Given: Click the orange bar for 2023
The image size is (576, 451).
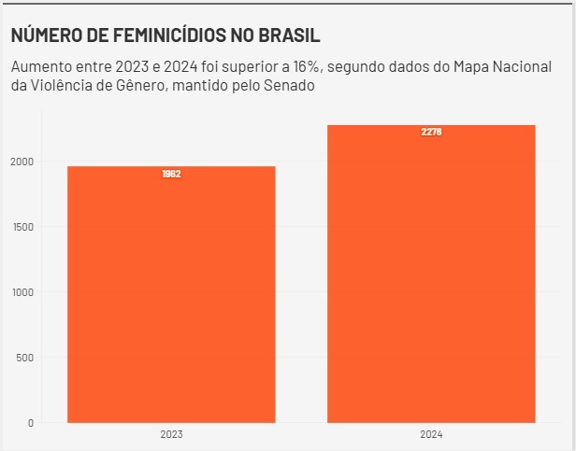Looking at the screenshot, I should pos(171,294).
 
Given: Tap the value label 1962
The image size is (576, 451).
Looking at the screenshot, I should pos(171,174).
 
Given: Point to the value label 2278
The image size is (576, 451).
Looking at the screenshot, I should pos(431,133).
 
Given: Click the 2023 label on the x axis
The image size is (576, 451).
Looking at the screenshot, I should pos(171,435).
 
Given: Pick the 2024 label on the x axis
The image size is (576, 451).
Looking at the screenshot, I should pos(431,435).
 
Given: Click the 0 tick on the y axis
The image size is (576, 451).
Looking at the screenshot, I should pos(29,423).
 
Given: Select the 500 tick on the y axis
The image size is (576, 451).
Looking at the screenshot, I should pos(23,358).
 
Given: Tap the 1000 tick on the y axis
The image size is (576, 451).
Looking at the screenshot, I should pos(22,292).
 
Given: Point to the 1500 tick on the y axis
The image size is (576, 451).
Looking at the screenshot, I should pos(22,227).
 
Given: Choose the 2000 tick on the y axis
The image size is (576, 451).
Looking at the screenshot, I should pos(22,162).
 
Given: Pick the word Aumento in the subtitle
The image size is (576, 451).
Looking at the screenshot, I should pos(40,67).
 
